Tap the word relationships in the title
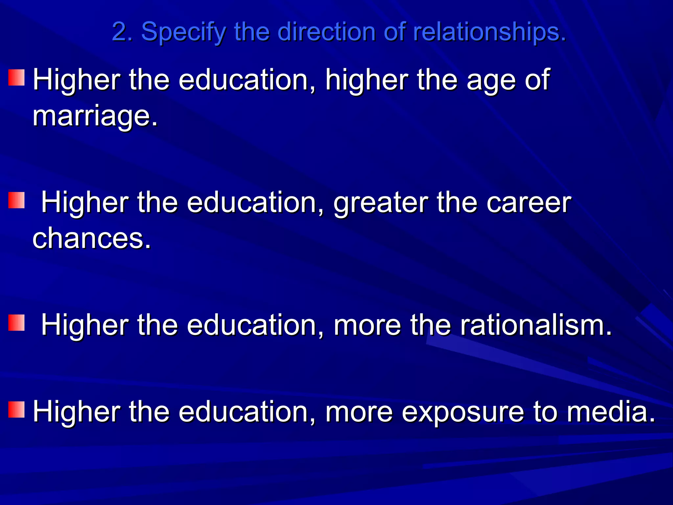[x=489, y=32]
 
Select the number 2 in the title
[x=120, y=32]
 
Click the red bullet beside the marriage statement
[x=16, y=78]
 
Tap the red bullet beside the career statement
[x=16, y=200]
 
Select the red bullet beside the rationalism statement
[x=16, y=323]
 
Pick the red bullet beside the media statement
[x=16, y=409]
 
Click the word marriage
[x=95, y=116]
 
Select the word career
[x=529, y=203]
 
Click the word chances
[x=92, y=238]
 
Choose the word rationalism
[x=536, y=325]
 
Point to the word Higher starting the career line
[x=85, y=203]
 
